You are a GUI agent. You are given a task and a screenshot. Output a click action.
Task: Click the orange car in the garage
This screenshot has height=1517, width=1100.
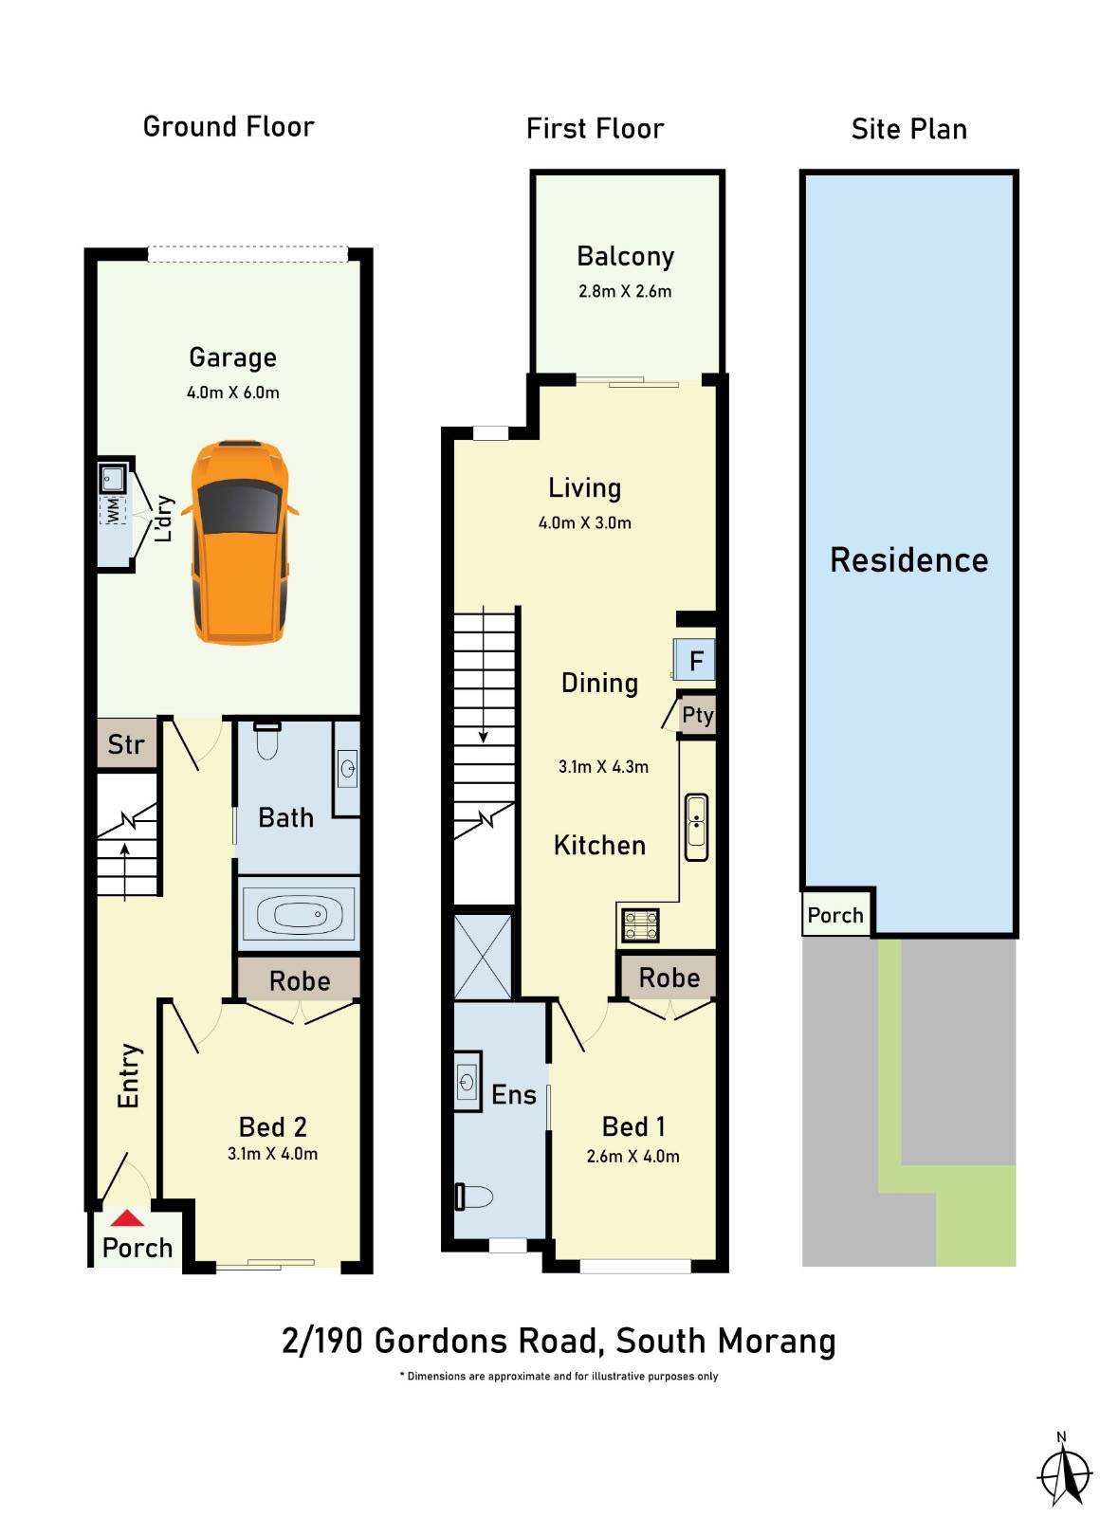[239, 542]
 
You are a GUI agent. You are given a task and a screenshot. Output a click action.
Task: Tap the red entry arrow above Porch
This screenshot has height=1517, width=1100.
[127, 1218]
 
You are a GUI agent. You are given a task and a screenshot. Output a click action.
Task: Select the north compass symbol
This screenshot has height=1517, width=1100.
[1064, 1472]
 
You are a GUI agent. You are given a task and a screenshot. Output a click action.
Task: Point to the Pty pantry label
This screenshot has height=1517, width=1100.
[698, 715]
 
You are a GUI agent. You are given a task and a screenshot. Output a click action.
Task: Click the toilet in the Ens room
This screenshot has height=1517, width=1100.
[474, 1197]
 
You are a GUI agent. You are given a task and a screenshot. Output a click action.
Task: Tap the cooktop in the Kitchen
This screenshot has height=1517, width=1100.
[639, 924]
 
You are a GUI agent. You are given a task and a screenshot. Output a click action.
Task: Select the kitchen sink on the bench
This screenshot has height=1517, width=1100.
[696, 826]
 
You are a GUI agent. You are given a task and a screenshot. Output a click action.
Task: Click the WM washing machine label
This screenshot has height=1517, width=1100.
[113, 510]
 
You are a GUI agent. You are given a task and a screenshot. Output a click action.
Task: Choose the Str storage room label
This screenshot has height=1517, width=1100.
[126, 744]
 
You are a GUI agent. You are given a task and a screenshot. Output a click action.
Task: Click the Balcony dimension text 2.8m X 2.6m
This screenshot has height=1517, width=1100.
[625, 292]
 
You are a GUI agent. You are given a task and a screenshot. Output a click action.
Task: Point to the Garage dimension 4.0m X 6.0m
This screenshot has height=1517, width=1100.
[233, 393]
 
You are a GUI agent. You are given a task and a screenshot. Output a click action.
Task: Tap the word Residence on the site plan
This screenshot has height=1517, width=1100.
[908, 560]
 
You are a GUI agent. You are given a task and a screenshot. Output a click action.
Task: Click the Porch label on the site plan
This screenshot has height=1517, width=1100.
[835, 915]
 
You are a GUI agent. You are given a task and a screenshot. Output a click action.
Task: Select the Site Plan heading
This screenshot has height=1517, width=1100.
[908, 130]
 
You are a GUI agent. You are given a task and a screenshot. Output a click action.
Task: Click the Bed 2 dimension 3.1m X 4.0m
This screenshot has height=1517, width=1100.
[272, 1154]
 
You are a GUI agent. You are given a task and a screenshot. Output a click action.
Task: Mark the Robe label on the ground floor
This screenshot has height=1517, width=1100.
[300, 981]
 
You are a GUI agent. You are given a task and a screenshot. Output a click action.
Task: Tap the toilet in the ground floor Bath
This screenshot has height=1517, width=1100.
[267, 741]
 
